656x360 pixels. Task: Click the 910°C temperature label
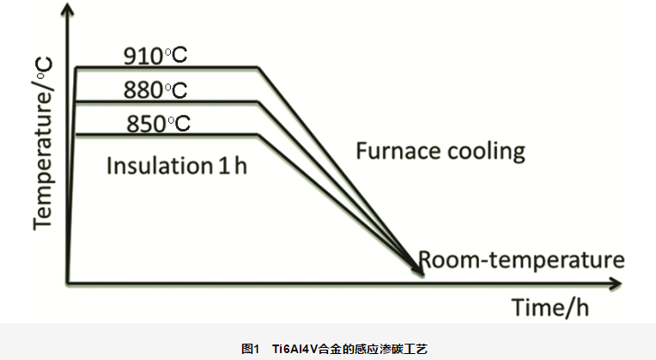(x=155, y=57)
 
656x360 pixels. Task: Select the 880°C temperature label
(x=155, y=89)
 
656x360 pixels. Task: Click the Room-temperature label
(x=520, y=259)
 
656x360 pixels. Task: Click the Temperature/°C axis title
(x=43, y=142)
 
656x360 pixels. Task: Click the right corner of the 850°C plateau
(x=258, y=134)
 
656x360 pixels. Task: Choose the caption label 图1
(x=251, y=349)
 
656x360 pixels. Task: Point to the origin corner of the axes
(x=68, y=282)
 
